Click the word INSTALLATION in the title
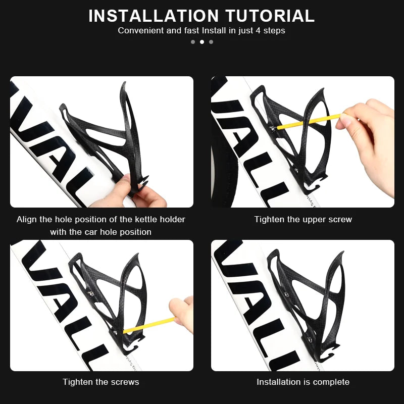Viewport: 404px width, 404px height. pyautogui.click(x=154, y=16)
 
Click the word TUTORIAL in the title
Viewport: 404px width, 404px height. pyautogui.click(x=270, y=16)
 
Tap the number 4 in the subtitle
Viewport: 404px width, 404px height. pyautogui.click(x=258, y=31)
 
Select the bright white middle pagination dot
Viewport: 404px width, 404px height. pyautogui.click(x=202, y=42)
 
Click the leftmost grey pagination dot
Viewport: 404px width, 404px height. pyautogui.click(x=193, y=42)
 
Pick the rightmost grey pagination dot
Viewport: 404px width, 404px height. pyautogui.click(x=211, y=42)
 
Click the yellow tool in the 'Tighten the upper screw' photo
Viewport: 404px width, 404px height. pyautogui.click(x=309, y=121)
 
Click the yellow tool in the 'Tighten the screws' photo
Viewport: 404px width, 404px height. pyautogui.click(x=149, y=325)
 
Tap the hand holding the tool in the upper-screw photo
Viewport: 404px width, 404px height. pyautogui.click(x=369, y=139)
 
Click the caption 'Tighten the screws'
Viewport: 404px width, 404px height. pyautogui.click(x=100, y=382)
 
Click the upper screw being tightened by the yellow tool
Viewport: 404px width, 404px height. pyautogui.click(x=273, y=128)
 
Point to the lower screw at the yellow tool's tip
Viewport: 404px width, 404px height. pyautogui.click(x=115, y=333)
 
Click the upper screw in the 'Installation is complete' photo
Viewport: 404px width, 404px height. pyautogui.click(x=286, y=294)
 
